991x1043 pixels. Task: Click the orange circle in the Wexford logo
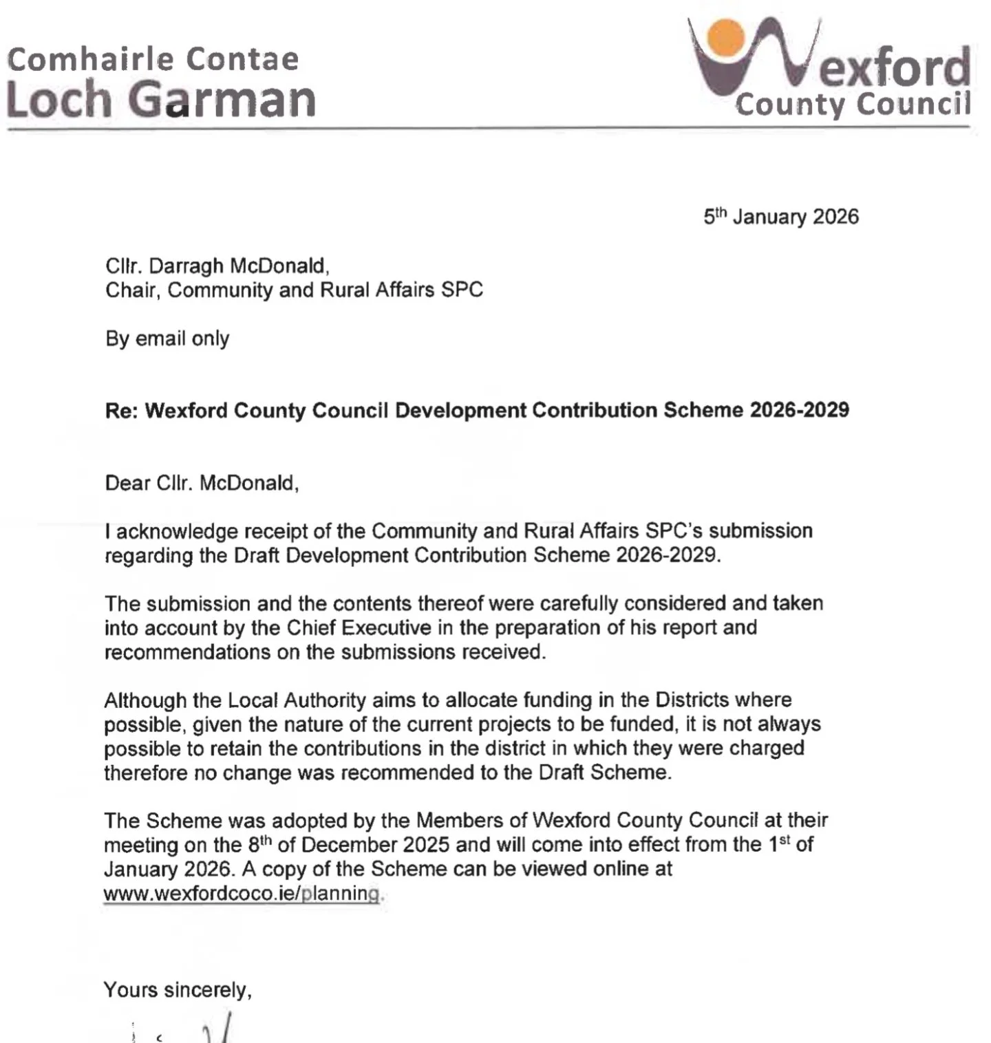[x=725, y=37]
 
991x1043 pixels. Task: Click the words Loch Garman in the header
[x=161, y=100]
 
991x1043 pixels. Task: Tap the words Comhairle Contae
[x=153, y=59]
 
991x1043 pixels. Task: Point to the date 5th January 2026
[x=781, y=217]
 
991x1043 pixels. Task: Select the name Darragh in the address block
[x=186, y=266]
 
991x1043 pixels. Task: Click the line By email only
[x=167, y=338]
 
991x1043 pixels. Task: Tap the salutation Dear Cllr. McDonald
[x=202, y=483]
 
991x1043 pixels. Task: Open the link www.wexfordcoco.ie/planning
[x=241, y=894]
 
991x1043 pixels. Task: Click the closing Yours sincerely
[x=178, y=990]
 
